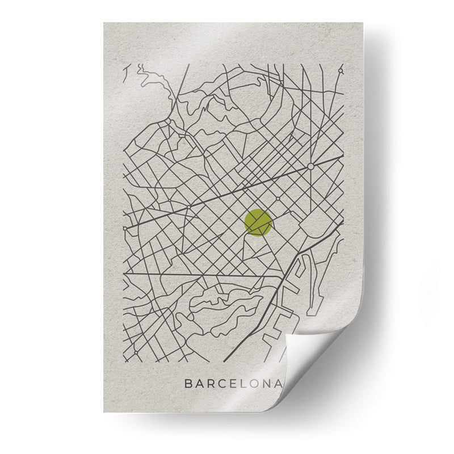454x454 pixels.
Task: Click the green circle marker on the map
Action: pyautogui.click(x=258, y=222)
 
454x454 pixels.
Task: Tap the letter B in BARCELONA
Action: pyautogui.click(x=188, y=384)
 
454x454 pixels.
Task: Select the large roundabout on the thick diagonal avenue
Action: pyautogui.click(x=310, y=166)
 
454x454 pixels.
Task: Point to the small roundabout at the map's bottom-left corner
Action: pyautogui.click(x=136, y=352)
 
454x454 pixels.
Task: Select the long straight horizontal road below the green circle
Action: pyautogui.click(x=204, y=275)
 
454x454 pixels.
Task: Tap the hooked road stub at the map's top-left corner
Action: pyautogui.click(x=126, y=71)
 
